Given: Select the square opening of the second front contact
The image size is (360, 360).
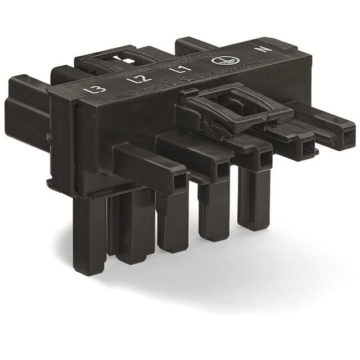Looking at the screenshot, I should (x=222, y=169).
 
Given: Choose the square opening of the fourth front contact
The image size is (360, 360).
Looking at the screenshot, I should (x=307, y=147).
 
